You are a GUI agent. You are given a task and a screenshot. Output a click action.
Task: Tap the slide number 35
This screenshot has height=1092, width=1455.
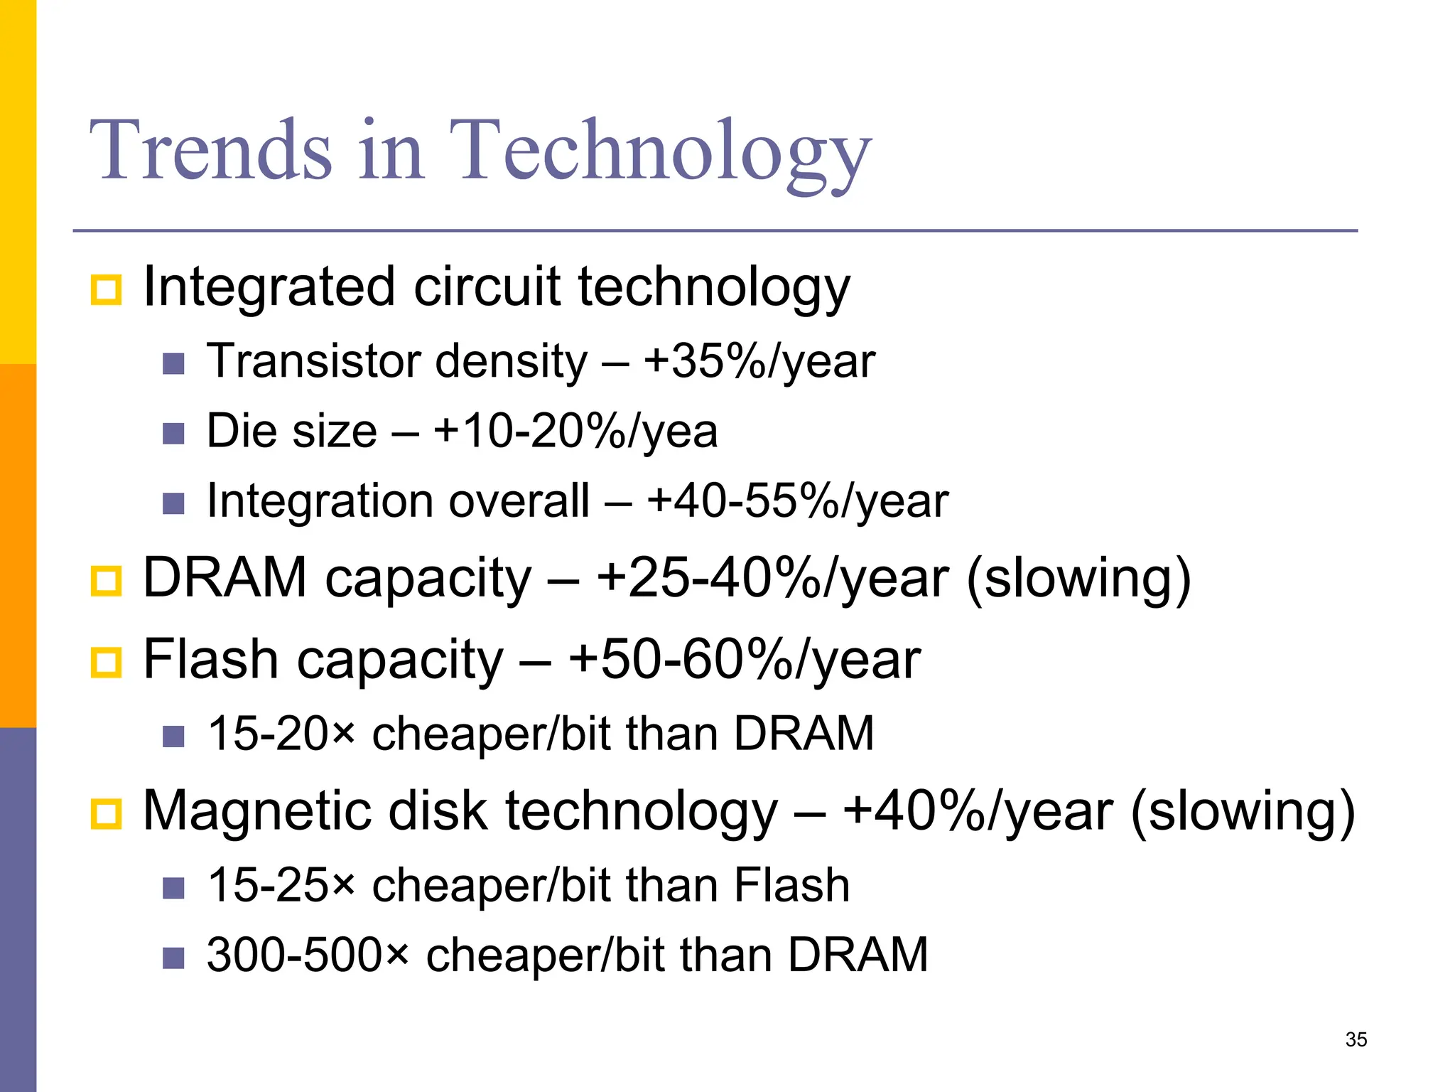click(1356, 1039)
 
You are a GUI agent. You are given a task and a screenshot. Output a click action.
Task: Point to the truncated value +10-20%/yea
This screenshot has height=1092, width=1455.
click(575, 432)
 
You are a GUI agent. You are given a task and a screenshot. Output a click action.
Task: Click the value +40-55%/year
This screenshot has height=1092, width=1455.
click(797, 501)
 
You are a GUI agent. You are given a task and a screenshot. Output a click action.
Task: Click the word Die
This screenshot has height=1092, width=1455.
click(241, 432)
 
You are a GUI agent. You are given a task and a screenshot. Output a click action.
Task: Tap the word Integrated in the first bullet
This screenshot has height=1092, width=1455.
click(269, 288)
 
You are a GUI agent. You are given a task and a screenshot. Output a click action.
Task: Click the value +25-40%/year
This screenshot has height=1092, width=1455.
click(772, 578)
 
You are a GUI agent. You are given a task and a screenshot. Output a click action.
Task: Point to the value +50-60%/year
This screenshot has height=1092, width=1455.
click(744, 660)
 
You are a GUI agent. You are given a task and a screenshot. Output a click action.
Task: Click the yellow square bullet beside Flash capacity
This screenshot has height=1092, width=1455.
click(107, 663)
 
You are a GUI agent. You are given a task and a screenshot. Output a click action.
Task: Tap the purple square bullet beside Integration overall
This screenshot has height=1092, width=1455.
click(173, 504)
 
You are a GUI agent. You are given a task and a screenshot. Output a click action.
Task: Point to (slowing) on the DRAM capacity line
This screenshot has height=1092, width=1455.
click(1078, 579)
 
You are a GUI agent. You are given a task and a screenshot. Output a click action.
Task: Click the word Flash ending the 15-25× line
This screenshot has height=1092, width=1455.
click(791, 886)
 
